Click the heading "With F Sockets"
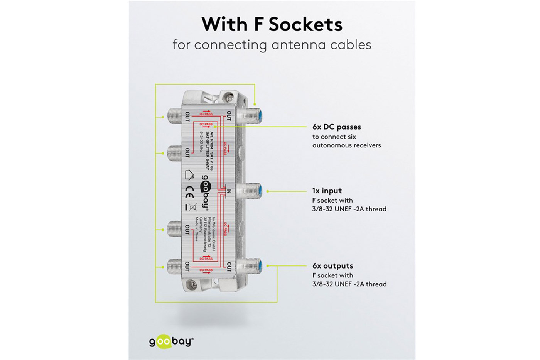tap(272, 24)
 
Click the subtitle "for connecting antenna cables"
tap(272, 45)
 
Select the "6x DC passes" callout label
tap(336, 127)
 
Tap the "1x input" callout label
tap(327, 191)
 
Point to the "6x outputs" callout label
tap(332, 266)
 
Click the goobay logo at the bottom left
tap(171, 341)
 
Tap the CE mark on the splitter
tap(190, 190)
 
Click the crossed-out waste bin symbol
tap(192, 207)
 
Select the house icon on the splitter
tap(189, 175)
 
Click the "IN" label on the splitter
tap(229, 191)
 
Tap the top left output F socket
tap(174, 115)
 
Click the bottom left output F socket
tap(174, 266)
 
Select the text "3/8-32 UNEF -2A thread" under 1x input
tap(349, 209)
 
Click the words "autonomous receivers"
tap(346, 145)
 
